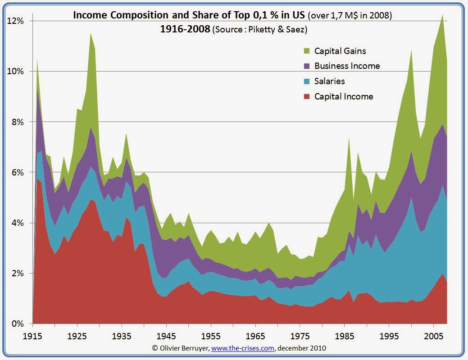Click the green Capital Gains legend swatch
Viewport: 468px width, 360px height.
tap(307, 51)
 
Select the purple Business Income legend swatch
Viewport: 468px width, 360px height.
tap(307, 66)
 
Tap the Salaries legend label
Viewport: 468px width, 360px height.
tap(329, 81)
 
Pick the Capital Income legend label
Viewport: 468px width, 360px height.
tap(344, 96)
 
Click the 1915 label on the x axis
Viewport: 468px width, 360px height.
tap(33, 336)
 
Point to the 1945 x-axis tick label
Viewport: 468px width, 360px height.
tap(167, 336)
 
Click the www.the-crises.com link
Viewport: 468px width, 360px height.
tap(243, 348)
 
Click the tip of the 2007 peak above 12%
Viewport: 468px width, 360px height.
tap(443, 15)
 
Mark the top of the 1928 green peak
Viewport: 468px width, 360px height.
tap(91, 33)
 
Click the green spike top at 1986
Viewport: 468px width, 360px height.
tap(349, 138)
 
